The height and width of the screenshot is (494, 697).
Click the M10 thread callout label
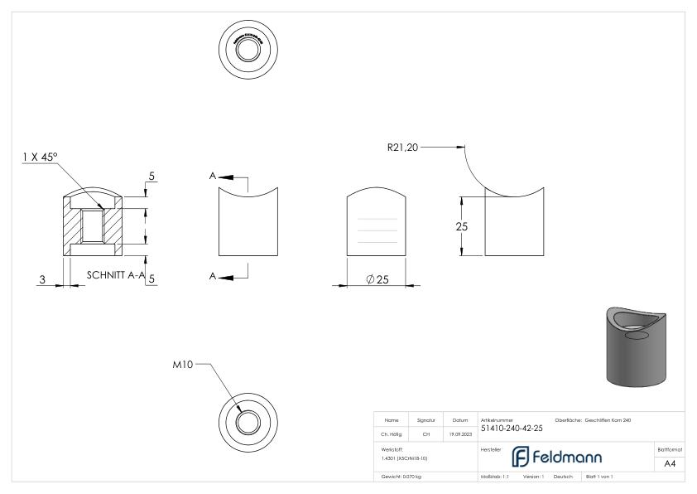pos(182,366)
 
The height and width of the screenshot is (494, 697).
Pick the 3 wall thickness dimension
pos(41,279)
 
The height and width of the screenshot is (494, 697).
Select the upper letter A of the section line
pos(213,177)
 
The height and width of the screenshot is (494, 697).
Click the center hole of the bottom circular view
pos(245,422)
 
